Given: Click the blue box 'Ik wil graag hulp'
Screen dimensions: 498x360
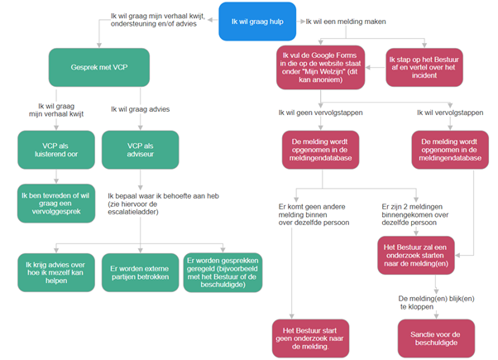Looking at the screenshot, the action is (257, 22).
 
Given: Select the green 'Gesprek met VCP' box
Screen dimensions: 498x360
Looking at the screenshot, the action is (99, 67).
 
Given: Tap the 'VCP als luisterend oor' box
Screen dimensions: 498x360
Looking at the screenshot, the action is (56, 150).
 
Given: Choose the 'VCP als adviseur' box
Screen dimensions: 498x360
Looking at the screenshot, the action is (141, 150).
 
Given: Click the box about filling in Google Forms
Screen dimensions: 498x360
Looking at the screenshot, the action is (320, 67).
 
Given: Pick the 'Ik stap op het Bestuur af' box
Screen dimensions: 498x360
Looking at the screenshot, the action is (424, 67).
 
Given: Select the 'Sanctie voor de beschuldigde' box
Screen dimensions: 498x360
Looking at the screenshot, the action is (436, 338).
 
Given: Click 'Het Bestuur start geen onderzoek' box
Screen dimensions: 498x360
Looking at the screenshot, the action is (310, 338).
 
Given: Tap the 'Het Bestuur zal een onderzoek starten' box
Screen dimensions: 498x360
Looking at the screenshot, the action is (416, 255).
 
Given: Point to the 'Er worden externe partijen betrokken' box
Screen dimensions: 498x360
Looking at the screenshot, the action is (141, 272).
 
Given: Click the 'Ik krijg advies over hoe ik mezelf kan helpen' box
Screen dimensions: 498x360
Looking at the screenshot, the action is (56, 272).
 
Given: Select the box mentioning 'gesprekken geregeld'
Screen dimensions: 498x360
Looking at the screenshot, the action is (223, 272).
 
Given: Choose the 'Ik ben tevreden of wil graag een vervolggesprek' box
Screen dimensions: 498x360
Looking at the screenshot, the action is (56, 204).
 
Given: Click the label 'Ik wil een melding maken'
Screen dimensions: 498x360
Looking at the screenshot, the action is (346, 22).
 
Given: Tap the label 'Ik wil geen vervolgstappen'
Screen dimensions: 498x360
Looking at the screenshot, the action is (320, 113).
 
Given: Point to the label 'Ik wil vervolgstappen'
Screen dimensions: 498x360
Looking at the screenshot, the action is (450, 113).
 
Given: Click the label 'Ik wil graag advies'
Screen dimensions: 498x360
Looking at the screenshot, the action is (141, 109).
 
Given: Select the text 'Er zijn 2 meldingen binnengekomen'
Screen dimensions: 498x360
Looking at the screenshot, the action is (414, 211).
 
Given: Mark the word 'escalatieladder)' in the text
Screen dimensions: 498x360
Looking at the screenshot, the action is (133, 212).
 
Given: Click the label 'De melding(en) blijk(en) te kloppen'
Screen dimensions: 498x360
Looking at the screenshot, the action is (436, 303).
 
